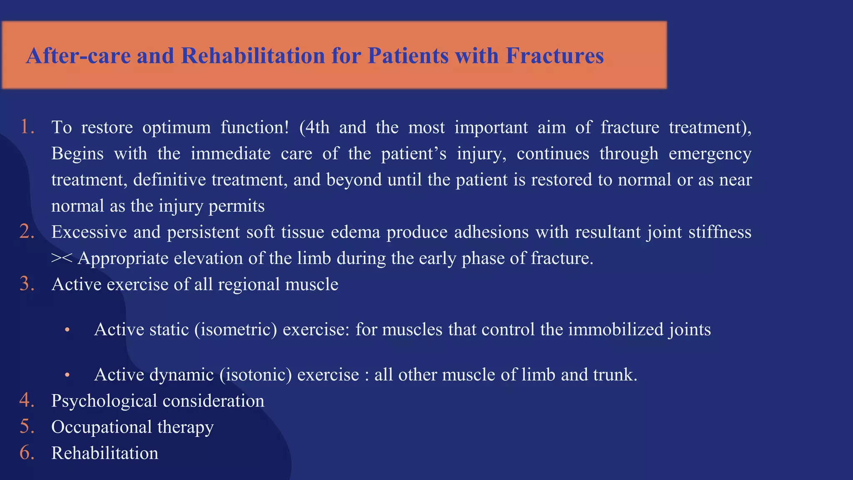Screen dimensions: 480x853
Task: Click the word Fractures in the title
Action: tap(554, 56)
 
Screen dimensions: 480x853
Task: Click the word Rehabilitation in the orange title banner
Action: tap(253, 56)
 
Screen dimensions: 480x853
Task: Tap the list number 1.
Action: tap(27, 127)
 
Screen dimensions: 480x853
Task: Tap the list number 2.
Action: tap(27, 232)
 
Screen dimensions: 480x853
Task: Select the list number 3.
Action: tap(27, 284)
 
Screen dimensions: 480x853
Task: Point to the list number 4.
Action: tap(27, 400)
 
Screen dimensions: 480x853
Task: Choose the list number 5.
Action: tap(27, 427)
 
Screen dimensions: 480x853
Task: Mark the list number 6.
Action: tap(27, 453)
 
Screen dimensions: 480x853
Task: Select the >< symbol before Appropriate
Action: tap(62, 258)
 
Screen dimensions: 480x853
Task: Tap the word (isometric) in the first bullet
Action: tap(236, 330)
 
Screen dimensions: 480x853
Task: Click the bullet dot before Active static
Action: tap(67, 330)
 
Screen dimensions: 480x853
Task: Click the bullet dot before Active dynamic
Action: tap(67, 375)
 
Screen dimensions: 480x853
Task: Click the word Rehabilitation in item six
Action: tap(105, 453)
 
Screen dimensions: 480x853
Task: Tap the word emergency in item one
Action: tap(710, 154)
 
